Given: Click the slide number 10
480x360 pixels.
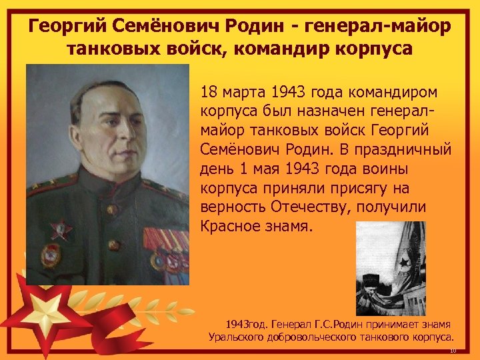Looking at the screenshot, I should pos(452,351).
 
